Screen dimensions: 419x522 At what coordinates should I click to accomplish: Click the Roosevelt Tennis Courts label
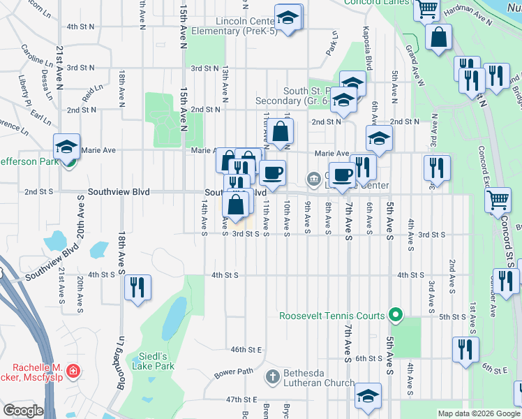point(332,316)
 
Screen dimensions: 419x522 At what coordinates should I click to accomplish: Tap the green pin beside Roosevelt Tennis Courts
point(395,316)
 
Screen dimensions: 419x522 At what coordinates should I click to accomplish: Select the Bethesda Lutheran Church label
point(318,378)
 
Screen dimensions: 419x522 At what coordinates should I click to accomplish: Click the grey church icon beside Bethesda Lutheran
point(273,378)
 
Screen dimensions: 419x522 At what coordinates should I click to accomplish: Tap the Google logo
point(23,411)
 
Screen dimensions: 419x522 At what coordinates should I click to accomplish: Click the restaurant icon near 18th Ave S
point(137,286)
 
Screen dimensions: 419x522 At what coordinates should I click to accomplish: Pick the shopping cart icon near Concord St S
point(498,200)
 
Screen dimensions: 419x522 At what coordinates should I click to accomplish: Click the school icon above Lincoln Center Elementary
point(288,17)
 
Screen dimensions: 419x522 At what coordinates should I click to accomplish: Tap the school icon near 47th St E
point(367,397)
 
